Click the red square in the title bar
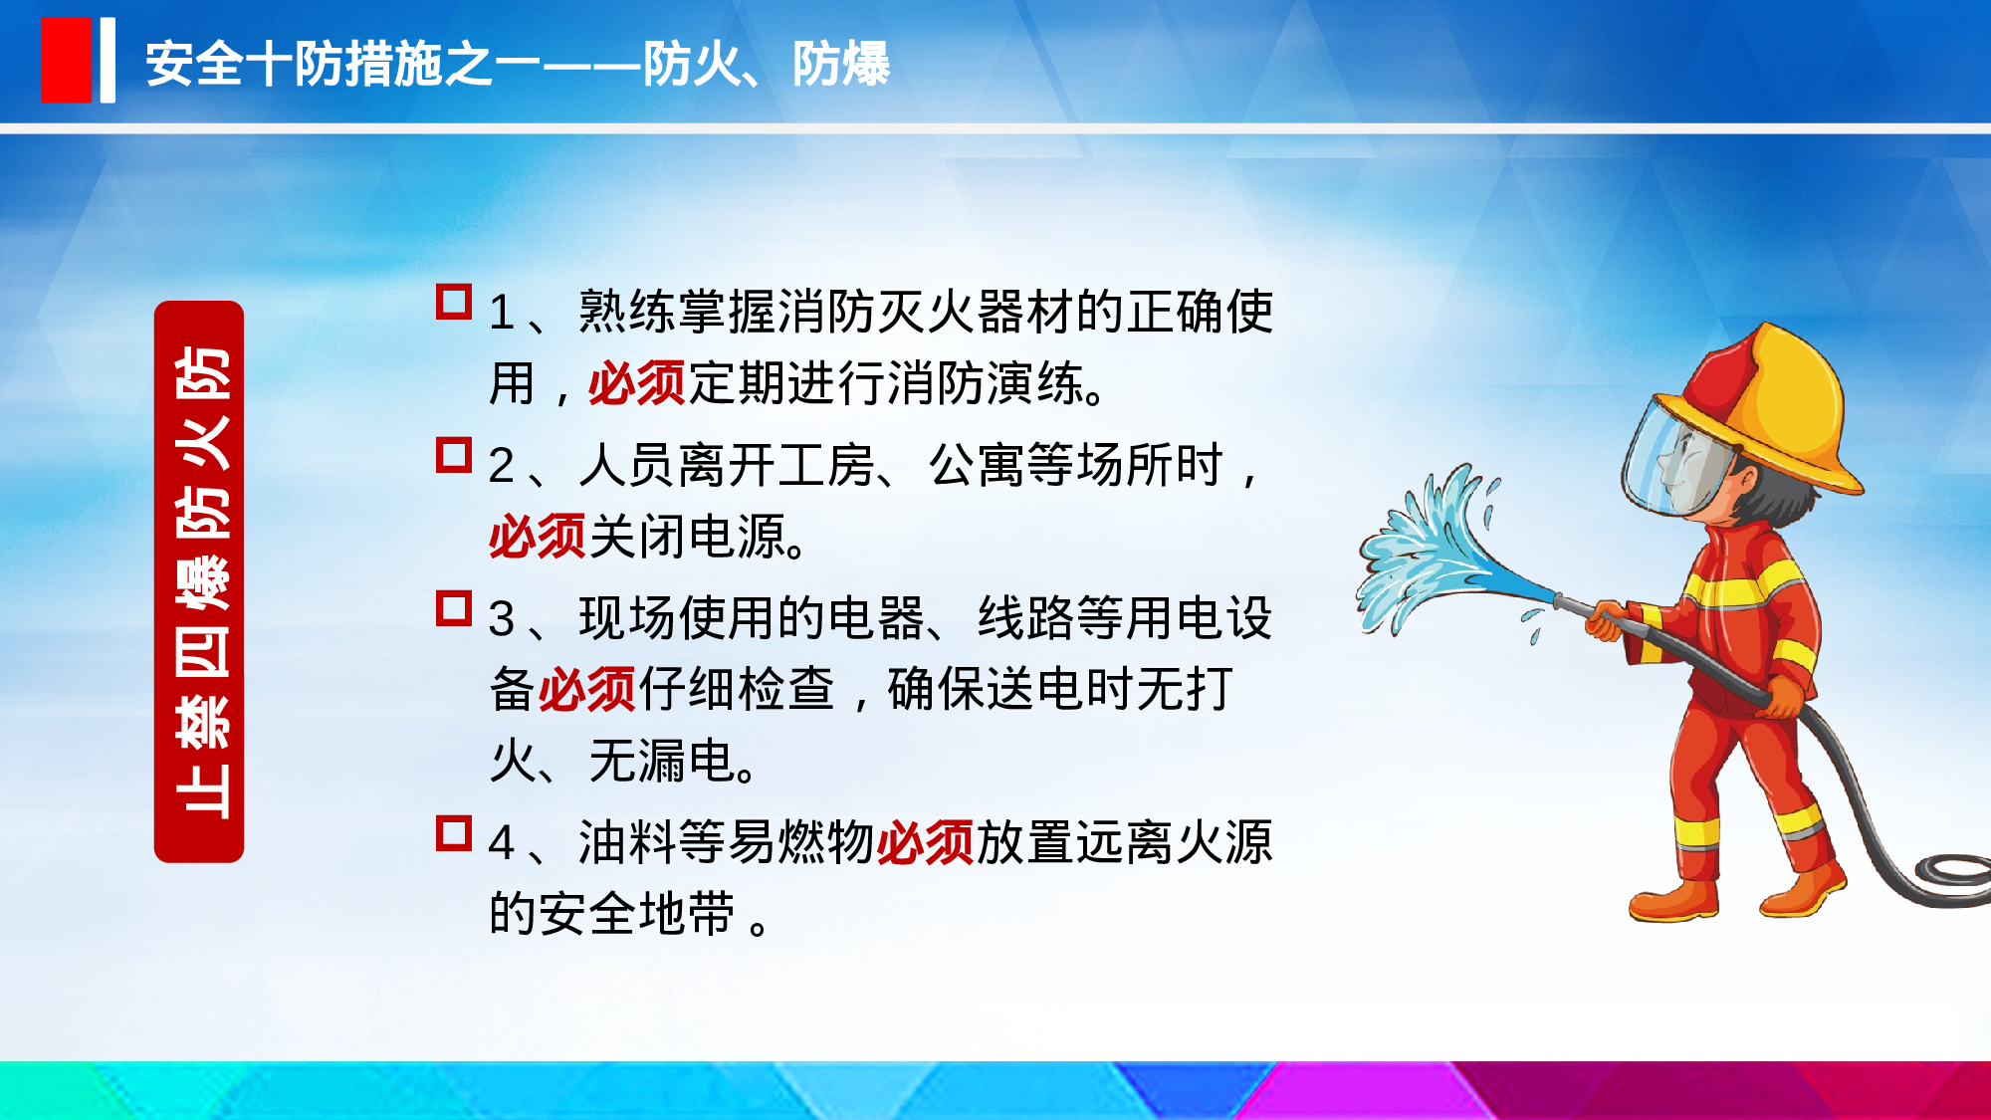pyautogui.click(x=66, y=61)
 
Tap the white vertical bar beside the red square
pyautogui.click(x=108, y=61)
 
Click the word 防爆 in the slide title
pyautogui.click(x=841, y=65)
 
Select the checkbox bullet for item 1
pyautogui.click(x=454, y=302)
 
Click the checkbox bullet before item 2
pyautogui.click(x=454, y=455)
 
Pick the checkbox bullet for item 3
pyautogui.click(x=454, y=608)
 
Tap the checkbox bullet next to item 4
pyautogui.click(x=454, y=833)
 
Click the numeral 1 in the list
pyautogui.click(x=501, y=314)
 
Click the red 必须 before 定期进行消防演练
pyautogui.click(x=636, y=383)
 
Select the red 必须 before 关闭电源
pyautogui.click(x=537, y=538)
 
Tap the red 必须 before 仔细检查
pyautogui.click(x=586, y=690)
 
